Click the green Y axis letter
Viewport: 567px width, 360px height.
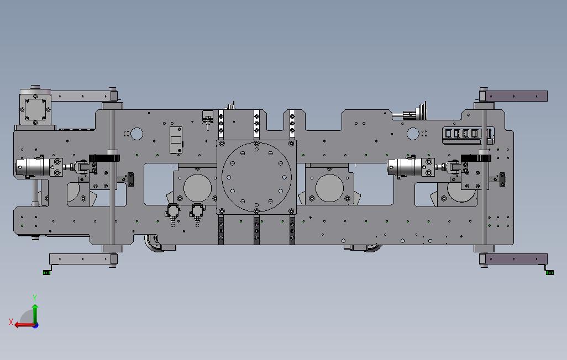pos(35,298)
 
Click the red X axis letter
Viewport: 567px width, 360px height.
pos(11,322)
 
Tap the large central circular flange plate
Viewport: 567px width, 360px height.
pos(256,177)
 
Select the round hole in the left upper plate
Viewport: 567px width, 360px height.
pos(136,134)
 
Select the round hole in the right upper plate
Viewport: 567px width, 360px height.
pos(413,134)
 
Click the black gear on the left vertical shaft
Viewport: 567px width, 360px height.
pos(104,158)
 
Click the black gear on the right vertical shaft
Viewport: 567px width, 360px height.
pos(476,158)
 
